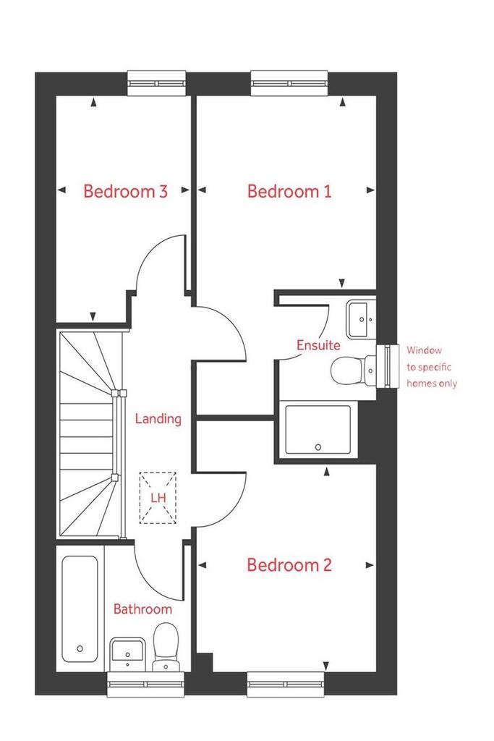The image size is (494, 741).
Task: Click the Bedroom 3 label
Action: [x=125, y=191]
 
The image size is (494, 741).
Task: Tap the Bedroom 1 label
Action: [x=289, y=191]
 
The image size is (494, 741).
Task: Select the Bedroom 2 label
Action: [x=289, y=564]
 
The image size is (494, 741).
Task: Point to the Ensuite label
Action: [x=318, y=345]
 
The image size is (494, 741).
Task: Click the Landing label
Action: [x=158, y=419]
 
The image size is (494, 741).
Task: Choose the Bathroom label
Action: [x=142, y=609]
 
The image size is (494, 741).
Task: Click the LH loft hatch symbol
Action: [x=158, y=498]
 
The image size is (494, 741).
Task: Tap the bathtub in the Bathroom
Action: [x=80, y=609]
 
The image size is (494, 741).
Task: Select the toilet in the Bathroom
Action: [x=166, y=646]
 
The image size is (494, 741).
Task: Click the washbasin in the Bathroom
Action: [x=127, y=654]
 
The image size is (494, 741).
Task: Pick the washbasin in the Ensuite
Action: [x=362, y=319]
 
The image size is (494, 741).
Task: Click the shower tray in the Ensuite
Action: [x=318, y=430]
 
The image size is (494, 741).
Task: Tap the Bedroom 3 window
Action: [x=156, y=83]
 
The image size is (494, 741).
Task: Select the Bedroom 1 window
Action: [x=289, y=83]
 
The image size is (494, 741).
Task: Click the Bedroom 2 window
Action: [x=286, y=684]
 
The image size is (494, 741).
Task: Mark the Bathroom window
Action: [x=145, y=684]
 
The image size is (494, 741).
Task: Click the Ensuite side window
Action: [x=388, y=366]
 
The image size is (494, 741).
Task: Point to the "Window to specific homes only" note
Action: [x=432, y=367]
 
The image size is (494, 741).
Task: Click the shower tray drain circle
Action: [x=318, y=447]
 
